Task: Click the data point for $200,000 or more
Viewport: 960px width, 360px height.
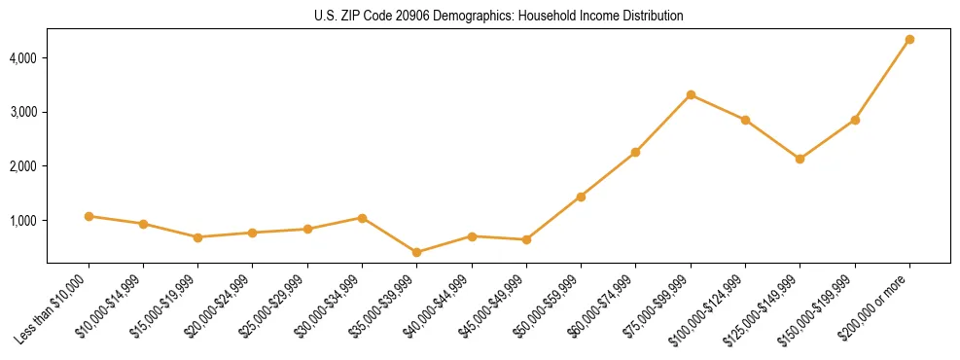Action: coord(909,39)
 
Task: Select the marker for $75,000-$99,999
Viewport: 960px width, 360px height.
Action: coord(691,94)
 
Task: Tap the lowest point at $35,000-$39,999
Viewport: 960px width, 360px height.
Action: coord(416,252)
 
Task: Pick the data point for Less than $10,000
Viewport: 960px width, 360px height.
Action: coord(89,216)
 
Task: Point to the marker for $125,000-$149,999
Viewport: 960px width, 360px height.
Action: coord(800,159)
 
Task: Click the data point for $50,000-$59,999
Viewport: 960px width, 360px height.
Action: coord(581,197)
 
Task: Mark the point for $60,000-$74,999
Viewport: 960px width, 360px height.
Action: coord(635,152)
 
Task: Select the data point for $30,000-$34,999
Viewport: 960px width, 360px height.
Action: coord(362,218)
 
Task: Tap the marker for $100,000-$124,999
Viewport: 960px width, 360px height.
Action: coord(745,120)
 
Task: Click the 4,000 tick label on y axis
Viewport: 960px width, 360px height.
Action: coord(23,58)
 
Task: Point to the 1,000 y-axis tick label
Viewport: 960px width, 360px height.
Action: coord(23,221)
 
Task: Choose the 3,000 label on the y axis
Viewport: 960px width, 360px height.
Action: coord(23,113)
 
